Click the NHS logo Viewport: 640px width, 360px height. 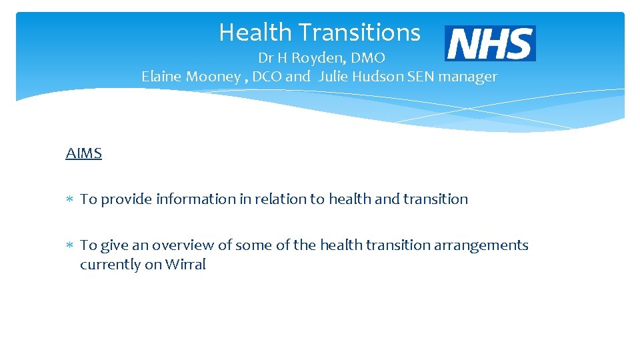pyautogui.click(x=490, y=43)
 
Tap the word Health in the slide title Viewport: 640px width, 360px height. pyautogui.click(x=255, y=32)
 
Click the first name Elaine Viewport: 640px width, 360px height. pyautogui.click(x=162, y=77)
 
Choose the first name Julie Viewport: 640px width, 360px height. pyautogui.click(x=334, y=77)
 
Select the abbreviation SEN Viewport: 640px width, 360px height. pyautogui.click(x=418, y=77)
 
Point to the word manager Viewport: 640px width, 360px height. pyautogui.click(x=466, y=77)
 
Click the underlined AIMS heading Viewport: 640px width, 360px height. pyautogui.click(x=83, y=153)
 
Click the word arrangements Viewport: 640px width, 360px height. pyautogui.click(x=481, y=245)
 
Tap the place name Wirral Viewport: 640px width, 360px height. pyautogui.click(x=185, y=265)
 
